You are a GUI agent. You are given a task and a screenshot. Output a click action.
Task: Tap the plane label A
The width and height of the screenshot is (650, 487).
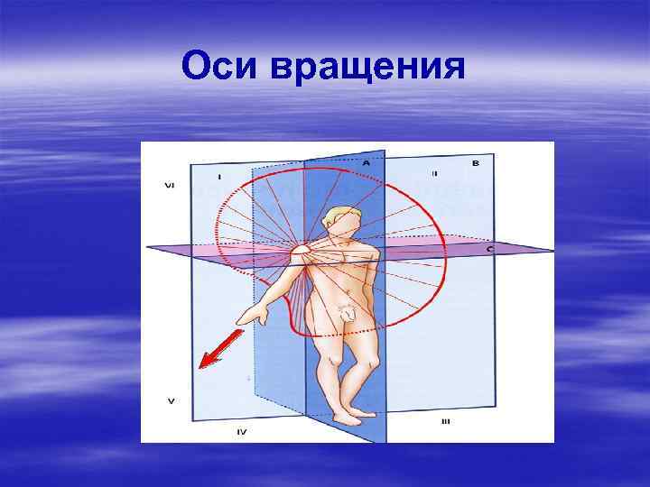(x=366, y=162)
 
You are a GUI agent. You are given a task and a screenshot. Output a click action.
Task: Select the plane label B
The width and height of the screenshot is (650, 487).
(x=476, y=163)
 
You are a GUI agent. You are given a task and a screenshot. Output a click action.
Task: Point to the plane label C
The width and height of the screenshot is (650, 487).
(x=488, y=248)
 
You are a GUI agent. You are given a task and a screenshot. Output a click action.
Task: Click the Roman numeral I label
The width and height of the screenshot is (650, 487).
(x=219, y=175)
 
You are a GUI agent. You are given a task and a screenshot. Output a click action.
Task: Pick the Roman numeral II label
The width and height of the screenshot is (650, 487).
(x=433, y=172)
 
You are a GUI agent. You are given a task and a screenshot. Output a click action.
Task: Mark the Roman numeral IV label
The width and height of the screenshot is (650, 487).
(x=242, y=432)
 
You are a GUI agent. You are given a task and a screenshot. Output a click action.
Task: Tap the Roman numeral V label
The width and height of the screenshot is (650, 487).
(x=171, y=399)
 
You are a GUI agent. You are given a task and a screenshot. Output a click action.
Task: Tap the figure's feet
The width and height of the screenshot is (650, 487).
(x=352, y=417)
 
